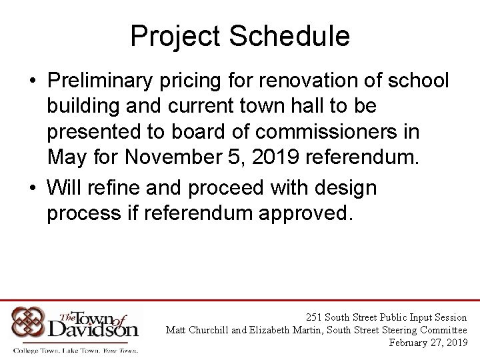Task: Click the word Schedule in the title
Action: coord(289,36)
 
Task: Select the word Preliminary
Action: coord(97,81)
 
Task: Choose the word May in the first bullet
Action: coord(67,157)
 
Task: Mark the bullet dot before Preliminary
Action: coord(32,81)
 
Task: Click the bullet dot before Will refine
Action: coord(32,189)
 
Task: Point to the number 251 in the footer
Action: coord(313,317)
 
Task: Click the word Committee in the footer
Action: coord(443,330)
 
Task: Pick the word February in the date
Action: coord(412,343)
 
